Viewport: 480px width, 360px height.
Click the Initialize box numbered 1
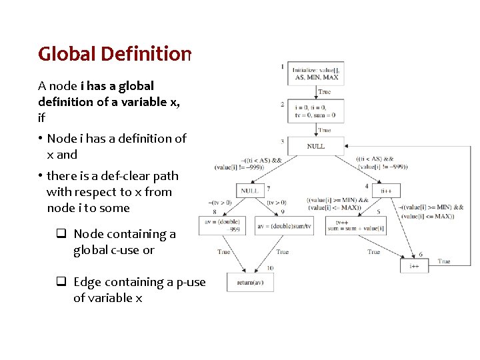317,73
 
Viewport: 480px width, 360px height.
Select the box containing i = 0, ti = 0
317,111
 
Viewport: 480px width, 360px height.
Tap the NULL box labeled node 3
317,146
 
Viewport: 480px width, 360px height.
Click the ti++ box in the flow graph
385,191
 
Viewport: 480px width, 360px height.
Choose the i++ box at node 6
414,265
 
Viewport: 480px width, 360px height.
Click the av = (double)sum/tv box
284,226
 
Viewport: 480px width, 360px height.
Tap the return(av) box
250,282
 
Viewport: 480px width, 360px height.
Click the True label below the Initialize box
325,92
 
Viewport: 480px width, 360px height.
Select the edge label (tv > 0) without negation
276,203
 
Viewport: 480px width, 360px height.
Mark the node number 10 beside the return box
269,268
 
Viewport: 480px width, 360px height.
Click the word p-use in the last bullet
191,282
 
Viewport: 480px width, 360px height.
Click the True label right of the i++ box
444,261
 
